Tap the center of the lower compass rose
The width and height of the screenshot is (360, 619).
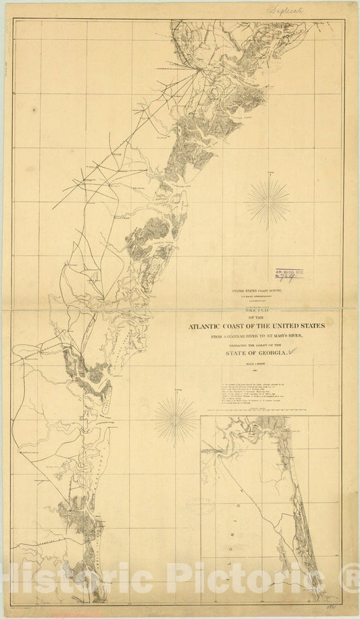pos(175,420)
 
